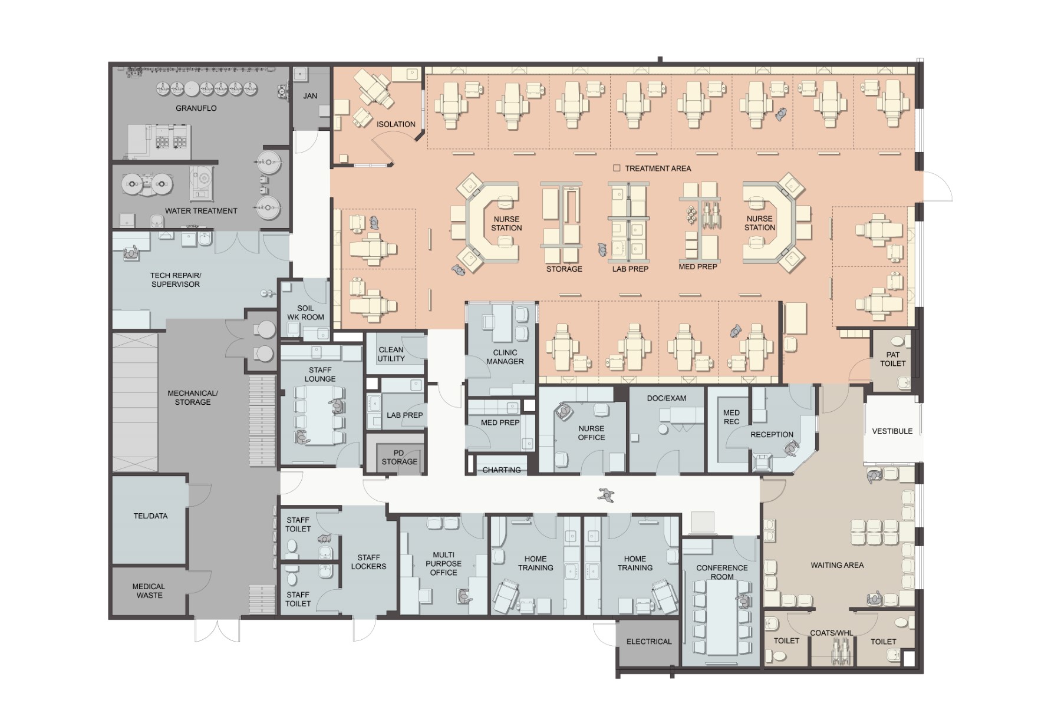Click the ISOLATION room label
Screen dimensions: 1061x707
(396, 124)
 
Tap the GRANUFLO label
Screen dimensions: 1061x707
(196, 108)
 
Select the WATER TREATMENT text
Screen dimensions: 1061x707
(201, 211)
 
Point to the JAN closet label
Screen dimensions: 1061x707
(310, 96)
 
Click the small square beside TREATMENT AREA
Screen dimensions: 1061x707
(617, 168)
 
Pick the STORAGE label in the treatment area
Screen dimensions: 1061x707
(564, 269)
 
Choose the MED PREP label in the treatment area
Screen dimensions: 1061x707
(698, 267)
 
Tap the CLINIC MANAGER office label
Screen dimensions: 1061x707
(505, 357)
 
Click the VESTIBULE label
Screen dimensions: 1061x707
(892, 431)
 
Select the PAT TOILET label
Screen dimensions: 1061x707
(893, 359)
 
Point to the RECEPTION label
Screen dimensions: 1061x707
(772, 435)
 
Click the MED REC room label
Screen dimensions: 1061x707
(732, 417)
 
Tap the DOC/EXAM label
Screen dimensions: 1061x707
(667, 398)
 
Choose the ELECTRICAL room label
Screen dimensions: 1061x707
(649, 642)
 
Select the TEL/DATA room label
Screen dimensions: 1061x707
(150, 516)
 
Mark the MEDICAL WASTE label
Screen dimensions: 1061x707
(149, 591)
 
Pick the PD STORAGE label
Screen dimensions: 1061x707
(399, 458)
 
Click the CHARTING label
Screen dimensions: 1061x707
(502, 470)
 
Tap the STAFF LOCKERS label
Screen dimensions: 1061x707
(368, 562)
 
